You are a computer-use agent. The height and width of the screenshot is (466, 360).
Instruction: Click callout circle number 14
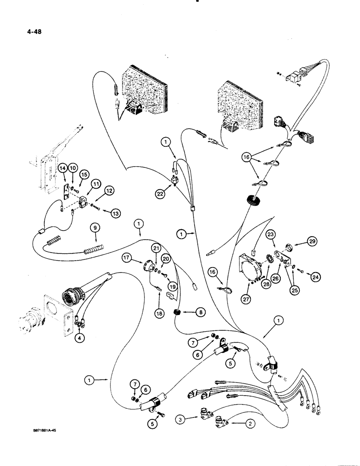pos(63,167)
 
